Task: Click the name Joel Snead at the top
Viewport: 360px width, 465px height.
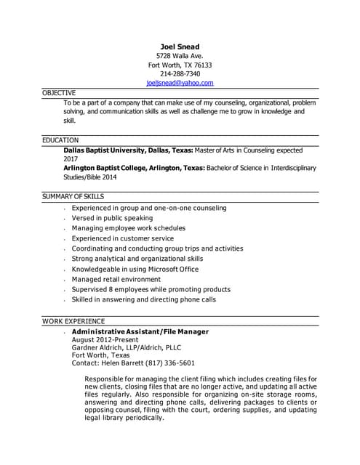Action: click(180, 46)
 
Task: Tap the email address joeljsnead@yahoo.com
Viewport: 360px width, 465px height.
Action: click(180, 84)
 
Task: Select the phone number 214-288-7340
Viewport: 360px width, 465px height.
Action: click(180, 74)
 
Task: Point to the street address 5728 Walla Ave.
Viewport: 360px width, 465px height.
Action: click(180, 56)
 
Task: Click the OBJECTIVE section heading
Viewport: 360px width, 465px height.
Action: click(59, 93)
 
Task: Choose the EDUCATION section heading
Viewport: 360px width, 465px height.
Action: click(60, 139)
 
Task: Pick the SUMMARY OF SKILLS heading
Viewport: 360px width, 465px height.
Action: click(73, 196)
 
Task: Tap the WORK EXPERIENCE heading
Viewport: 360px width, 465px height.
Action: click(73, 320)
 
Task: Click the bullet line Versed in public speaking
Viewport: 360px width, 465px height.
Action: click(112, 218)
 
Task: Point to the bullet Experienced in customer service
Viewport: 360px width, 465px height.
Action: click(123, 238)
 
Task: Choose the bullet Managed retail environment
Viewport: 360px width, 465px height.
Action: click(116, 279)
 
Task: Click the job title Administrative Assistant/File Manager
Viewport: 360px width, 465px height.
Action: click(140, 331)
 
